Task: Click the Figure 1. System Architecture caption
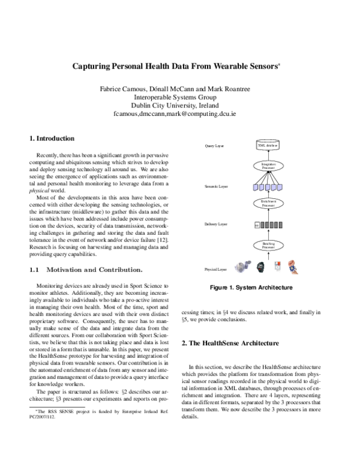[251, 288]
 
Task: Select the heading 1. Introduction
[52, 138]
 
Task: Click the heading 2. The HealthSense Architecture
[230, 343]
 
